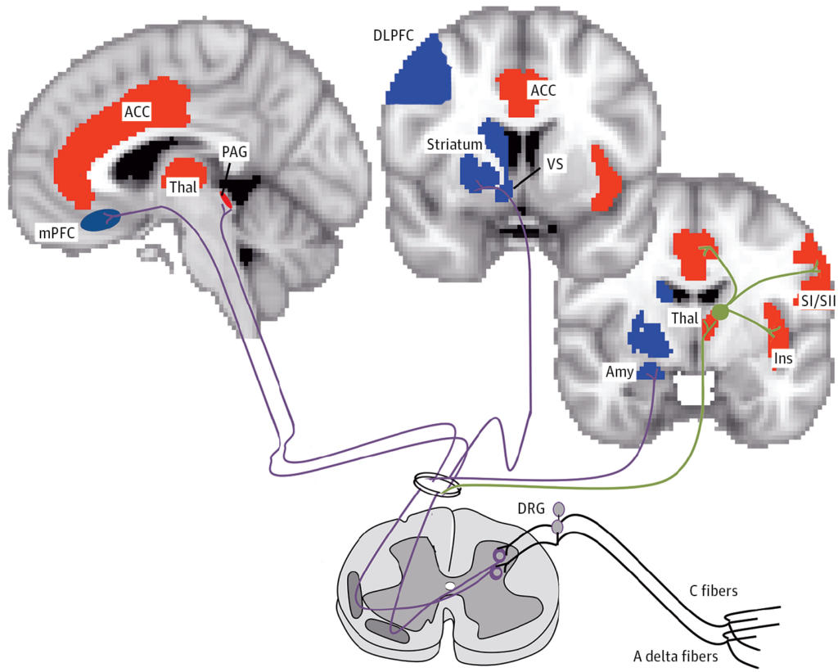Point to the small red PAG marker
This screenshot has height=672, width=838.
(227, 199)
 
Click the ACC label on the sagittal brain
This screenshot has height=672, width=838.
(137, 111)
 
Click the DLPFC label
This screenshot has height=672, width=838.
(387, 35)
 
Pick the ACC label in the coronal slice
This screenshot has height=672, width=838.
(543, 90)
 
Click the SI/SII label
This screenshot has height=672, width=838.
(812, 300)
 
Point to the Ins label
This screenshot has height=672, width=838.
(782, 358)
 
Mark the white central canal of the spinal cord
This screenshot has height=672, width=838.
(449, 586)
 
